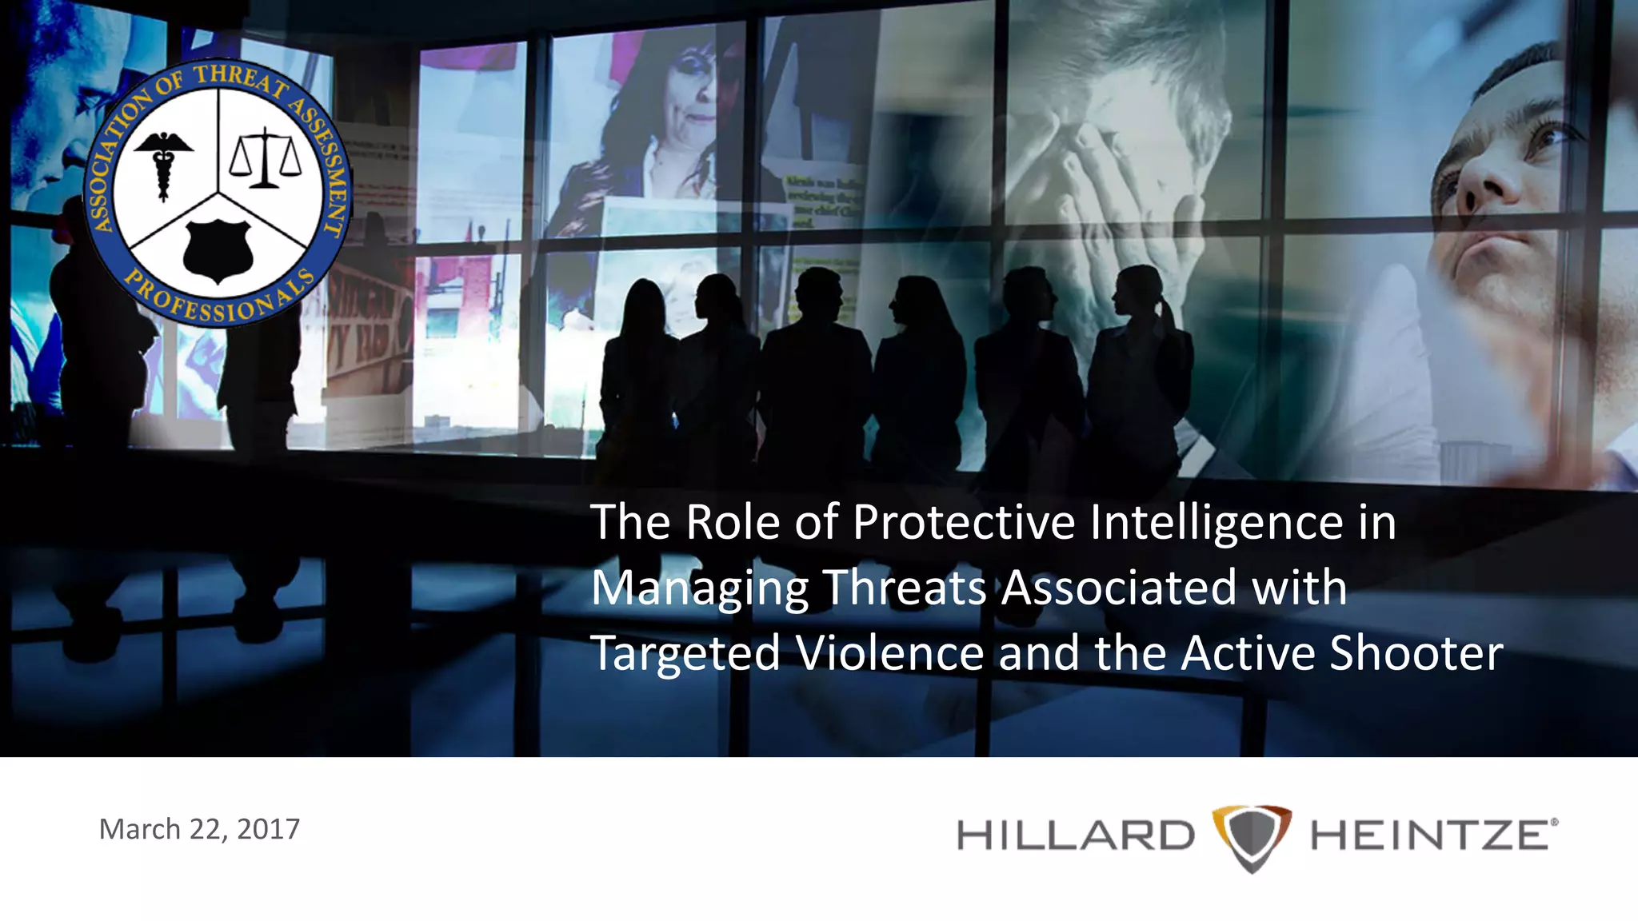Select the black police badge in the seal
click(218, 251)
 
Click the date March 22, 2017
click(199, 829)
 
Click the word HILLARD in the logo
click(1075, 836)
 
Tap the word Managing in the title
click(700, 589)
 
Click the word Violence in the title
click(890, 653)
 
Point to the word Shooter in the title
click(1416, 653)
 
